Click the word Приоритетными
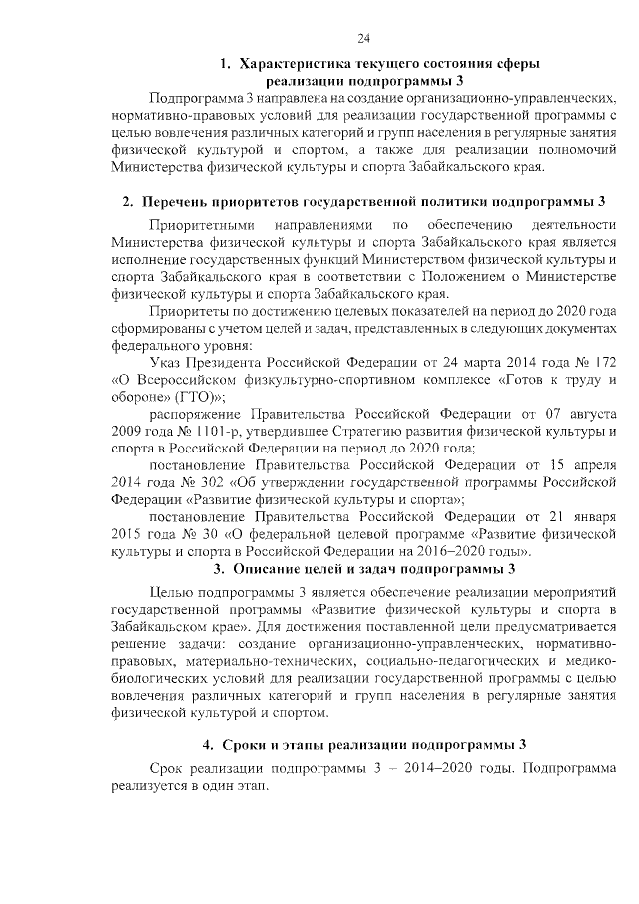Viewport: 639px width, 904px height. click(x=201, y=225)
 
